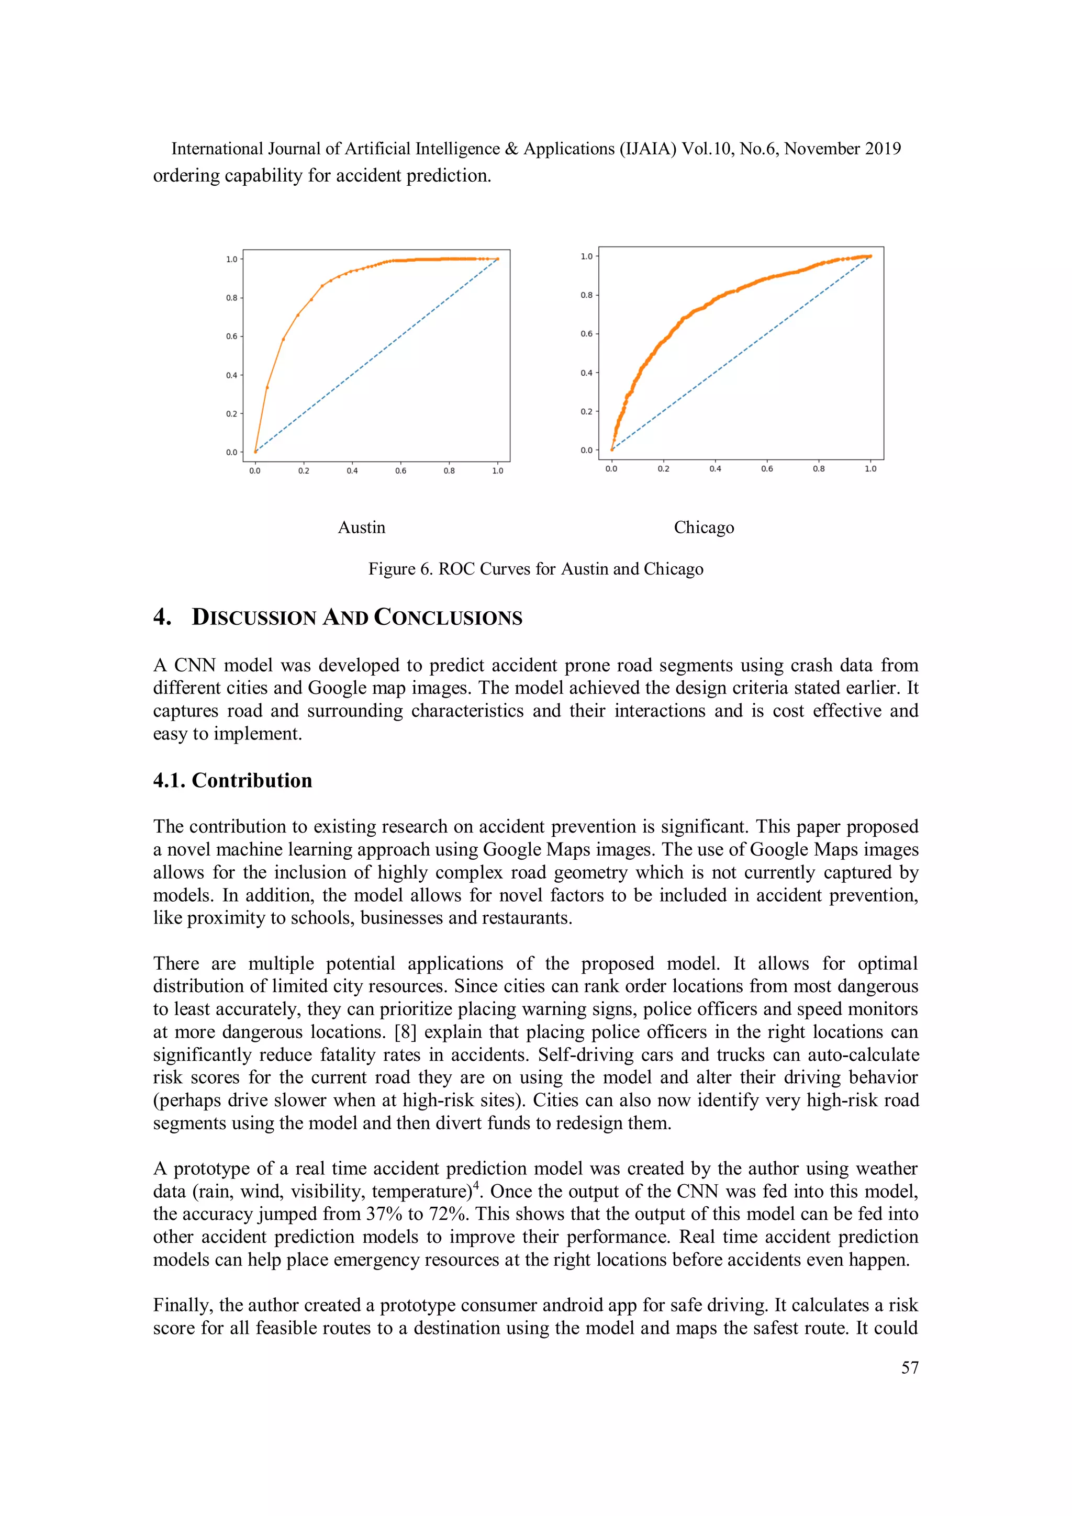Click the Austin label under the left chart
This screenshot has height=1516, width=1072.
(x=361, y=527)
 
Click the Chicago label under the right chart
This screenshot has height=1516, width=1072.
(x=703, y=527)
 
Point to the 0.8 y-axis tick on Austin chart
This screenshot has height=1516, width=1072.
(x=231, y=298)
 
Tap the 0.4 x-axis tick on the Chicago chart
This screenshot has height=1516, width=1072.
(x=714, y=469)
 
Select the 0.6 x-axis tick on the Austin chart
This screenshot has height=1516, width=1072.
(x=400, y=471)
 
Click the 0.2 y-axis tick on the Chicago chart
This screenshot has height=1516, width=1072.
(x=586, y=411)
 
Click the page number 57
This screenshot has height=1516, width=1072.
(x=910, y=1367)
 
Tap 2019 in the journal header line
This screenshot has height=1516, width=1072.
(x=883, y=149)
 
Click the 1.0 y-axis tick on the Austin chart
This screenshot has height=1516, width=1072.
(x=231, y=260)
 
